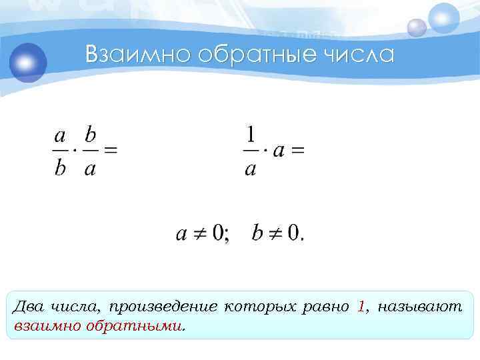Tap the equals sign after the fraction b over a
point(111,151)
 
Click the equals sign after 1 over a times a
point(298,151)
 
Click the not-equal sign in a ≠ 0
point(198,234)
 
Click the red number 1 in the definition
point(361,307)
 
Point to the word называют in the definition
point(420,307)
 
